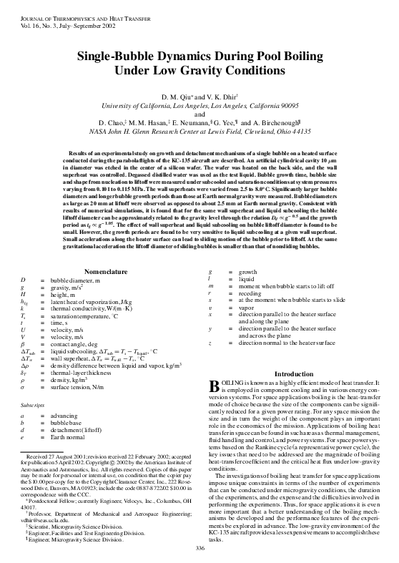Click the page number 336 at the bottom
(x=199, y=548)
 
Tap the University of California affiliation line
(x=199, y=107)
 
